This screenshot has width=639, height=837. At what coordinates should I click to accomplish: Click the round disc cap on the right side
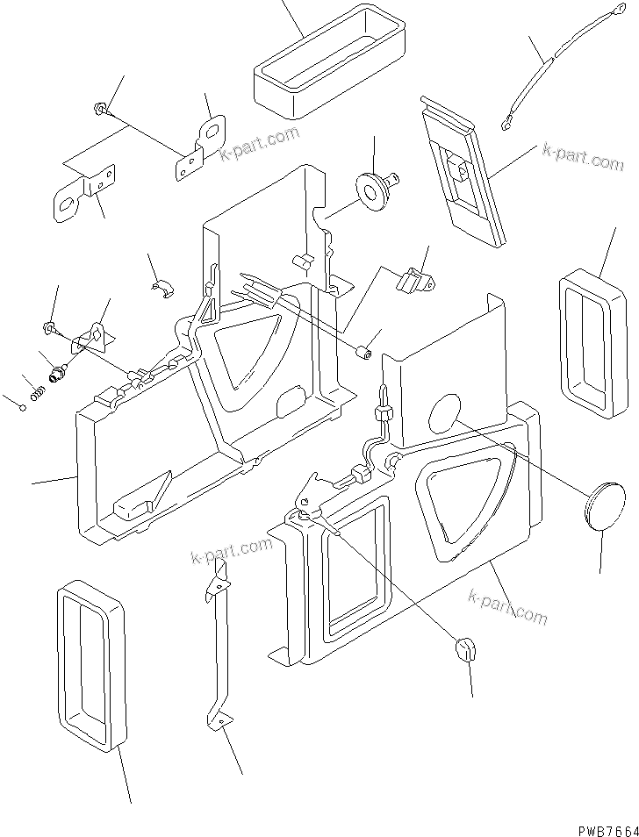coord(602,506)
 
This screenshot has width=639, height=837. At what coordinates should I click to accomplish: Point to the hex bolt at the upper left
coord(99,109)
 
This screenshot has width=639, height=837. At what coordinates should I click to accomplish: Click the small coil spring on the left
coord(38,395)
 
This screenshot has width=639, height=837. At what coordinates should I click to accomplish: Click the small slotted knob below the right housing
coord(467,649)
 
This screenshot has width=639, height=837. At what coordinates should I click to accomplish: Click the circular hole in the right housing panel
coord(444,415)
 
